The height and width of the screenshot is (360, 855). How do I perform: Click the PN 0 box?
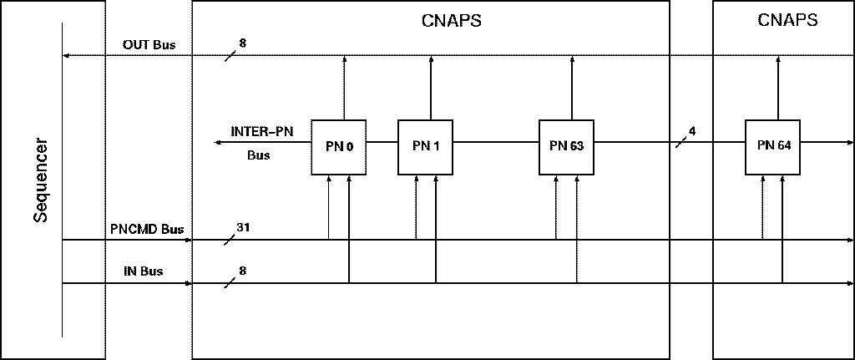[x=339, y=147]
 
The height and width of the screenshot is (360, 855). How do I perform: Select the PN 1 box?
[x=425, y=147]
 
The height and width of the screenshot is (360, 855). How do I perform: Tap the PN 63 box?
[x=566, y=147]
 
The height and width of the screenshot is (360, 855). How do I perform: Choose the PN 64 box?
[x=773, y=146]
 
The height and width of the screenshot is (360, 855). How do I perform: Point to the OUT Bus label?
[x=149, y=45]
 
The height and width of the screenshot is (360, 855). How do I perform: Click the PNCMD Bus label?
[x=147, y=229]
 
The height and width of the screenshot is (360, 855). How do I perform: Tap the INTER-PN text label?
[x=261, y=131]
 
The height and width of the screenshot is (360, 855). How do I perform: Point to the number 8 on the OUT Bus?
[x=243, y=42]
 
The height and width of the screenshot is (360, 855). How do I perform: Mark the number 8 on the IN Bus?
[x=243, y=271]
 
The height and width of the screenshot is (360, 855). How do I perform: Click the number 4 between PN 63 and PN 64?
[x=692, y=131]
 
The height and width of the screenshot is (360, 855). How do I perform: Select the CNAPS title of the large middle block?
[x=451, y=21]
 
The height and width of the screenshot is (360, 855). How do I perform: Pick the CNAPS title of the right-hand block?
[x=787, y=21]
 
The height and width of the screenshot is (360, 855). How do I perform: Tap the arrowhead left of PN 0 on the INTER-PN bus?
[x=218, y=143]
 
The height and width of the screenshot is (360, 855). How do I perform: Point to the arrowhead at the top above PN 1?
[x=431, y=60]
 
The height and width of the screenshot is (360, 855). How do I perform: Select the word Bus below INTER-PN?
[x=258, y=155]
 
